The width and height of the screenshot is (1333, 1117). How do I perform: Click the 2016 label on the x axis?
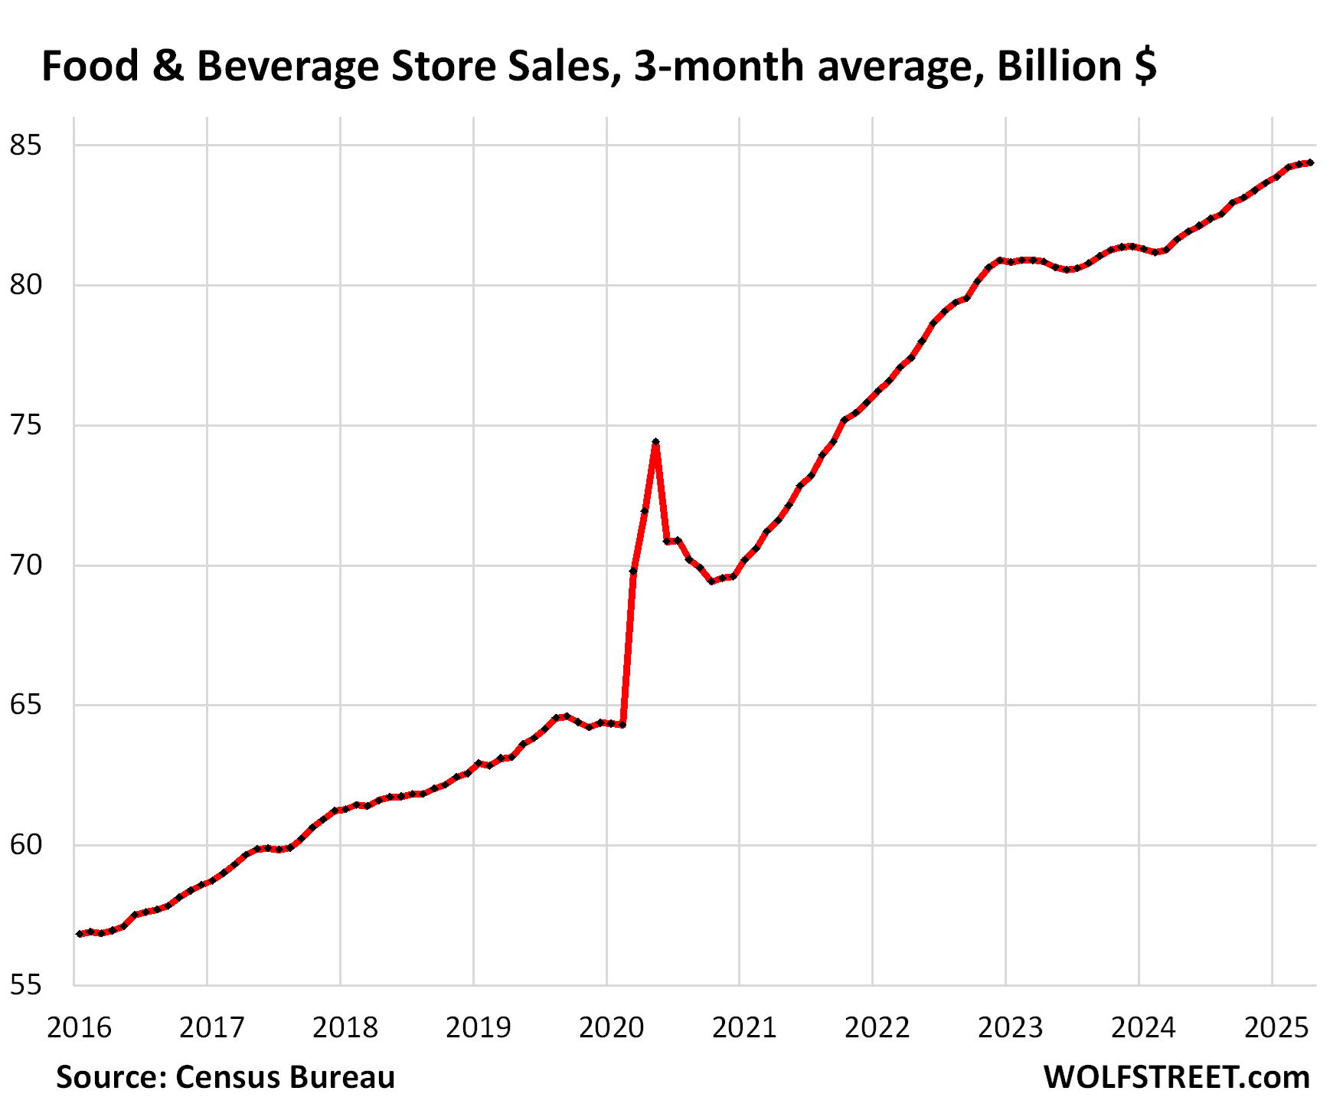pyautogui.click(x=79, y=1027)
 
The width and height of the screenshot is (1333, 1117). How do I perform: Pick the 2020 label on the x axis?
pyautogui.click(x=611, y=1027)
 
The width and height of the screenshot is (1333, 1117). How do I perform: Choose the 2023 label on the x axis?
pyautogui.click(x=1010, y=1027)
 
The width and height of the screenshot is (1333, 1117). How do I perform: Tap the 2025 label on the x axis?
pyautogui.click(x=1276, y=1027)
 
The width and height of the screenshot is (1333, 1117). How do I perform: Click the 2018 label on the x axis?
pyautogui.click(x=345, y=1027)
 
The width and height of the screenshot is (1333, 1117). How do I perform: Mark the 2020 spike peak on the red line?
pyautogui.click(x=655, y=442)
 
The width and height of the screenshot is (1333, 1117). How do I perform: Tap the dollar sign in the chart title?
pyautogui.click(x=1145, y=66)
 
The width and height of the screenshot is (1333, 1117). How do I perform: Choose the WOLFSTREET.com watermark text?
pyautogui.click(x=1176, y=1077)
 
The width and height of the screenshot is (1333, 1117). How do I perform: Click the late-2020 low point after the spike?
pyautogui.click(x=712, y=581)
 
